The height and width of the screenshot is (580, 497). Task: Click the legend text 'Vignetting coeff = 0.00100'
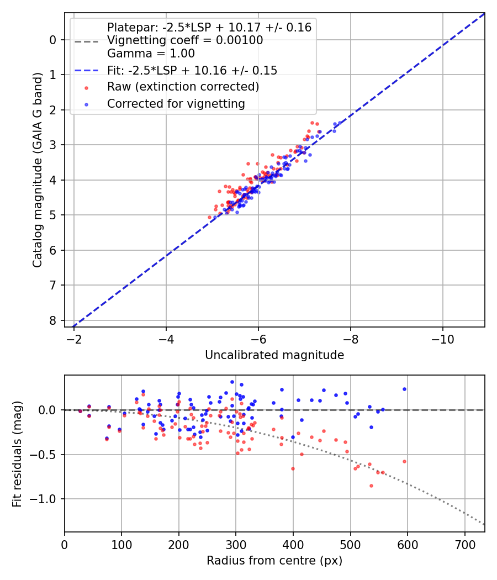tap(185, 40)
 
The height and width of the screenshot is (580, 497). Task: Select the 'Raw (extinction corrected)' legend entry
tap(183, 87)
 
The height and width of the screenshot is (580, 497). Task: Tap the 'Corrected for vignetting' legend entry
tap(176, 103)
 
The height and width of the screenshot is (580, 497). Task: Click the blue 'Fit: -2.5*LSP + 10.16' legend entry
tap(192, 70)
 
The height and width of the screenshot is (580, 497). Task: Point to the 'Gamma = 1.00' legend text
tap(151, 54)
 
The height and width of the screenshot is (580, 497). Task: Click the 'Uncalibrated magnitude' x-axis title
tap(274, 355)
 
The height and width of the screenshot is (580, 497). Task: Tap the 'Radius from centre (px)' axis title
tap(274, 561)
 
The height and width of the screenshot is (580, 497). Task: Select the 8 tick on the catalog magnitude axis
tap(53, 320)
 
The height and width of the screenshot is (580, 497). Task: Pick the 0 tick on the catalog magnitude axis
tap(53, 40)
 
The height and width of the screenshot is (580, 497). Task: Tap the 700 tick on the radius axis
tap(464, 544)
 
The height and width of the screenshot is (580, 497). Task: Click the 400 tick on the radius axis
tap(293, 544)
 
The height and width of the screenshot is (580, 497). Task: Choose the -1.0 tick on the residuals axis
tap(45, 499)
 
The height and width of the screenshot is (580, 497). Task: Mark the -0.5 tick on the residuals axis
tap(45, 455)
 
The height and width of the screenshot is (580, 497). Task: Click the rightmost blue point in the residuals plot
tap(404, 389)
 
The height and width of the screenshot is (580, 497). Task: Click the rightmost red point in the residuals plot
tap(404, 461)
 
